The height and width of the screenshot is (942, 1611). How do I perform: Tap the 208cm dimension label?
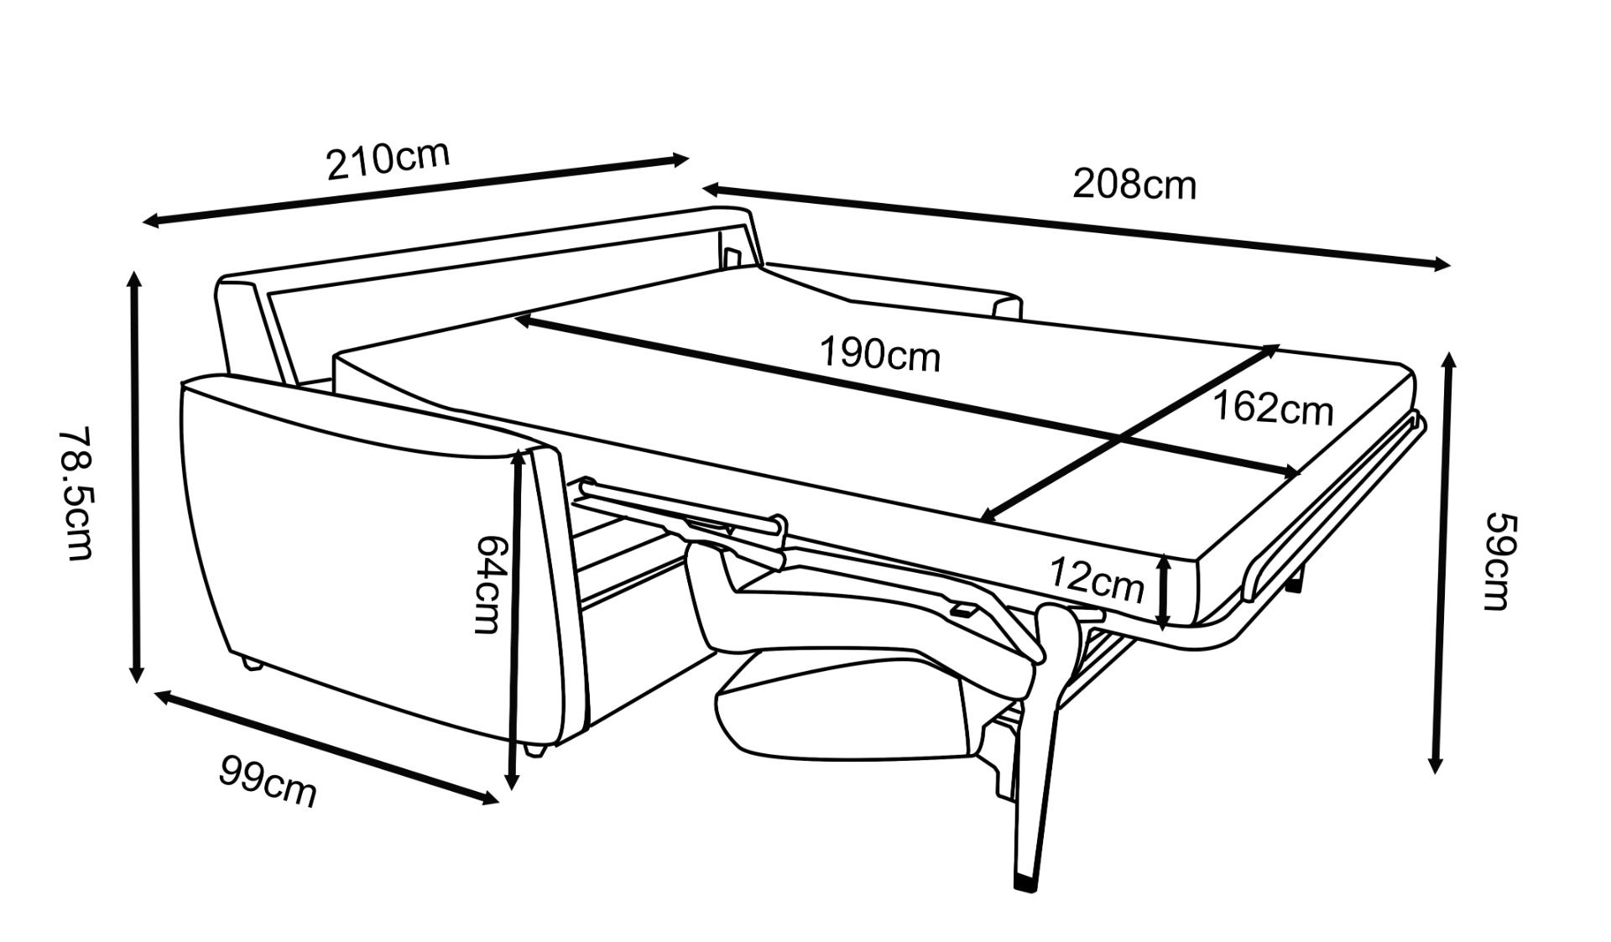pyautogui.click(x=1134, y=185)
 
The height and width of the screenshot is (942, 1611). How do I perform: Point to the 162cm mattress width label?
pyautogui.click(x=1273, y=409)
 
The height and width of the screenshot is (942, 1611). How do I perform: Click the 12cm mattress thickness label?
pyautogui.click(x=1096, y=579)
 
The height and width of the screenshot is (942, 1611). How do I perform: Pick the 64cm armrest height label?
pyautogui.click(x=488, y=585)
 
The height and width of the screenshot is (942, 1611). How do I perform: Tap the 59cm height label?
pyautogui.click(x=1497, y=561)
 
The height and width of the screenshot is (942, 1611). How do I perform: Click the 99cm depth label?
pyautogui.click(x=268, y=781)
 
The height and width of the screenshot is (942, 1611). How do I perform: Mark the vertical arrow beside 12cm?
pyautogui.click(x=1163, y=592)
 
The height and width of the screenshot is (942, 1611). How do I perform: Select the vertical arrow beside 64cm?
pyautogui.click(x=516, y=621)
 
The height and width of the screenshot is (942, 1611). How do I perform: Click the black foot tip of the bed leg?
pyautogui.click(x=1024, y=882)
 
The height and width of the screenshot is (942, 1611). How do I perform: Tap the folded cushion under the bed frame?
pyautogui.click(x=839, y=713)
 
